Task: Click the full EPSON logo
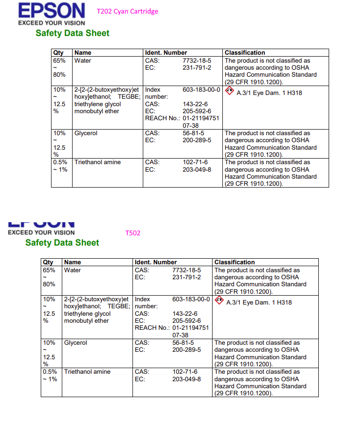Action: [51, 14]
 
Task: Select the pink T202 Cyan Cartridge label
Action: [127, 11]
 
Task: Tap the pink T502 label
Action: [133, 233]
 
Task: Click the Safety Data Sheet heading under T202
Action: [73, 33]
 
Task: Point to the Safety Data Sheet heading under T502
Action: [62, 243]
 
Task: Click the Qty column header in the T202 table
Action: [59, 53]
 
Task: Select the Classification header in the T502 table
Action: [235, 262]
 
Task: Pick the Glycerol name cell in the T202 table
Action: [86, 133]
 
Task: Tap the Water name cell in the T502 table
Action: [73, 270]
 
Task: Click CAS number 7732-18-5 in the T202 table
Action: [197, 61]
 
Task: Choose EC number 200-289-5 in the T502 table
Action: [186, 350]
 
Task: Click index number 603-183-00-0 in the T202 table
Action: [201, 89]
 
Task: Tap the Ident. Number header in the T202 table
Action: [166, 53]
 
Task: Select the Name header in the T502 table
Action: [73, 262]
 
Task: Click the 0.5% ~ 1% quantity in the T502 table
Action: [50, 376]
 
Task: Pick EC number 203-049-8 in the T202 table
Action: [197, 169]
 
